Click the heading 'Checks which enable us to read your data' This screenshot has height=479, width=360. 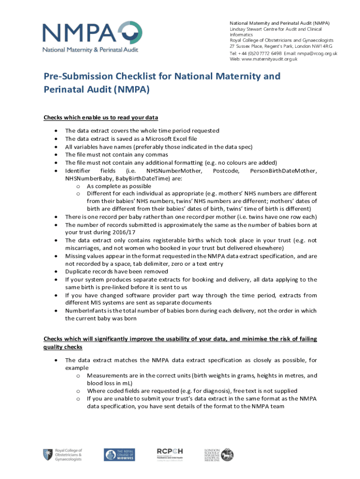tap(101, 117)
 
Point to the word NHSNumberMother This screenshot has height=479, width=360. tap(174, 171)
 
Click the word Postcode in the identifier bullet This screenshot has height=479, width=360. tap(226, 171)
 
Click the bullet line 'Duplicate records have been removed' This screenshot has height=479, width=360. tap(116, 271)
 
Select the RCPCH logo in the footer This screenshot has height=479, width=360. tap(170, 454)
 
